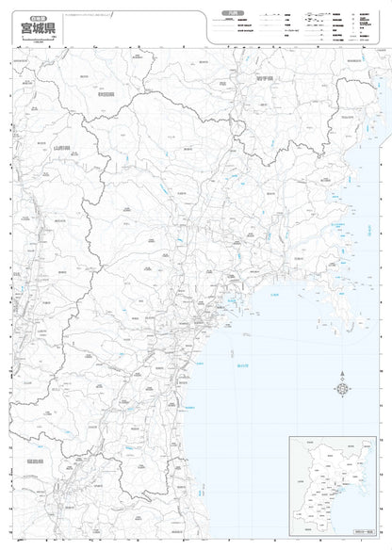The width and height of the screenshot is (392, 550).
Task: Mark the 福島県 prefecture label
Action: (35, 461)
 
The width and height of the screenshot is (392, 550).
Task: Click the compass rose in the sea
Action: (342, 389)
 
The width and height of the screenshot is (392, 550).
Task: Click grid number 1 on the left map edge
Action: (10, 64)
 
